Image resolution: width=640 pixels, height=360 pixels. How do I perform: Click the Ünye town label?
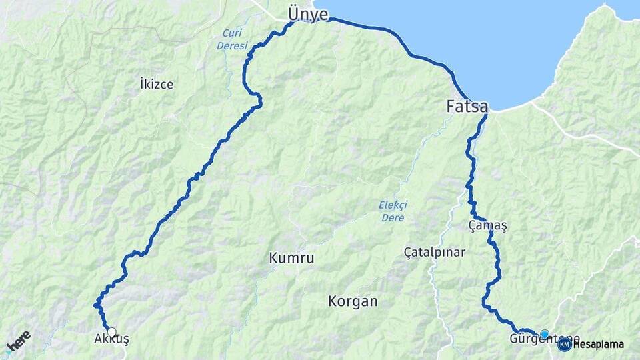(x=307, y=14)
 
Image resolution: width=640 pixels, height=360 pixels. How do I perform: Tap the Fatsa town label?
(x=467, y=106)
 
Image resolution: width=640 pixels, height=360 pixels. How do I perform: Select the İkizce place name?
(x=157, y=84)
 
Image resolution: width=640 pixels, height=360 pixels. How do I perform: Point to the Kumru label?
(x=291, y=257)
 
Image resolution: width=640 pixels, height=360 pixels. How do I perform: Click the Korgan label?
(x=353, y=301)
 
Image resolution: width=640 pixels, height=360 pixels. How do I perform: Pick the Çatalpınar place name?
(x=435, y=253)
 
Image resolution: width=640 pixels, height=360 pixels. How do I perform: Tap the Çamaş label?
(x=488, y=226)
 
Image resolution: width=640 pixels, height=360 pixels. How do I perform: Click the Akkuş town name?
(x=111, y=340)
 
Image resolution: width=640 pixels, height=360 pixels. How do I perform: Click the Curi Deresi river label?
(x=232, y=39)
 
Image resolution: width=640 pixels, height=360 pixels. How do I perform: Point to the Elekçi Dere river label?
(x=393, y=211)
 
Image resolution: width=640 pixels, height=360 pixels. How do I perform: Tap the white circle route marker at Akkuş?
(x=112, y=331)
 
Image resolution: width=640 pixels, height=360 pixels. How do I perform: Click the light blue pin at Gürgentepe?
(x=545, y=334)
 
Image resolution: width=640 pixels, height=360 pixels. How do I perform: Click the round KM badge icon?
(x=564, y=344)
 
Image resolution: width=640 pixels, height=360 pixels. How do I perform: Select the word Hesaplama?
(x=598, y=345)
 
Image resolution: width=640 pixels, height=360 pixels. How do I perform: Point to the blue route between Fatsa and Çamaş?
(x=472, y=167)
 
